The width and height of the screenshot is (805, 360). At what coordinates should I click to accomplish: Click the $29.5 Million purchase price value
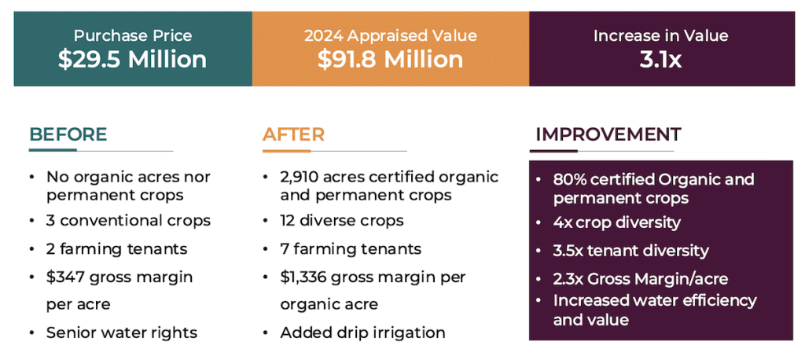132,60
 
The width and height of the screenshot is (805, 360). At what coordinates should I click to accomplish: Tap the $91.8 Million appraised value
391,60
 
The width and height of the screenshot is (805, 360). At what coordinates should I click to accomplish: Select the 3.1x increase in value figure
660,60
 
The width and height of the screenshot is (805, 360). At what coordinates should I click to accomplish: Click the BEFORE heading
68,134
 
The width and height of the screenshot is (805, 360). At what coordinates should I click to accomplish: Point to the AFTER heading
293,134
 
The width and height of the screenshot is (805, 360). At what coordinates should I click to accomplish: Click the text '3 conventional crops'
128,221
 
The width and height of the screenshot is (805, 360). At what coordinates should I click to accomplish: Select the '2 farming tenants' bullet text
116,249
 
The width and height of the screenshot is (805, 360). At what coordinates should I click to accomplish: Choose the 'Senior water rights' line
122,332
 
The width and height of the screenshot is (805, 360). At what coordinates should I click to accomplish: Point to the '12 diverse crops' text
342,221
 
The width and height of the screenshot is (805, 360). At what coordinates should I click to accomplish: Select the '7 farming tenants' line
351,249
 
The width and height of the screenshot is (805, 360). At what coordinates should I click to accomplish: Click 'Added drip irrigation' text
362,332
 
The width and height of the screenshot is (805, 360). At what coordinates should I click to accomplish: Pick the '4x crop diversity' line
616,222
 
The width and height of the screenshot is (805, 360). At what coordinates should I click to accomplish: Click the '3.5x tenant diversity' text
630,251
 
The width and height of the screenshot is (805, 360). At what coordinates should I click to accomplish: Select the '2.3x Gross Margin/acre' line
640,278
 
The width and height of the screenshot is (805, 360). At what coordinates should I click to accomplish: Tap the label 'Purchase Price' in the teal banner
132,36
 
